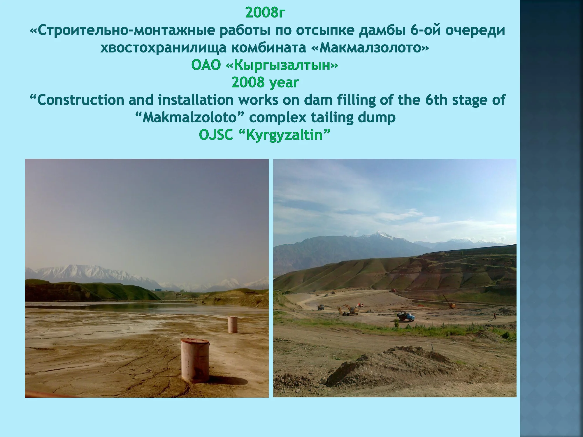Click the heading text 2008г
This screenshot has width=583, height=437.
[265, 13]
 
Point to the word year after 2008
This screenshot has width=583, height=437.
[284, 83]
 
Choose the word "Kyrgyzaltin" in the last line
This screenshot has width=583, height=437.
[284, 135]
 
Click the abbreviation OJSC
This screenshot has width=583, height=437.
[216, 135]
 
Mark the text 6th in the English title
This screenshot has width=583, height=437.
[436, 100]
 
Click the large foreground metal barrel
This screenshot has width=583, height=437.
[195, 360]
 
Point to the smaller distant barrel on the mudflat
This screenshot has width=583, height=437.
[233, 325]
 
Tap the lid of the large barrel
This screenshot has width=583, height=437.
[195, 341]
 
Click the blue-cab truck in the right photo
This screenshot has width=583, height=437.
[405, 316]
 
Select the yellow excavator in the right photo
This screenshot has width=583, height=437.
[348, 311]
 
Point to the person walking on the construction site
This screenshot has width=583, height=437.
[494, 316]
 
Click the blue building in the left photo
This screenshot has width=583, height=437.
[158, 290]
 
